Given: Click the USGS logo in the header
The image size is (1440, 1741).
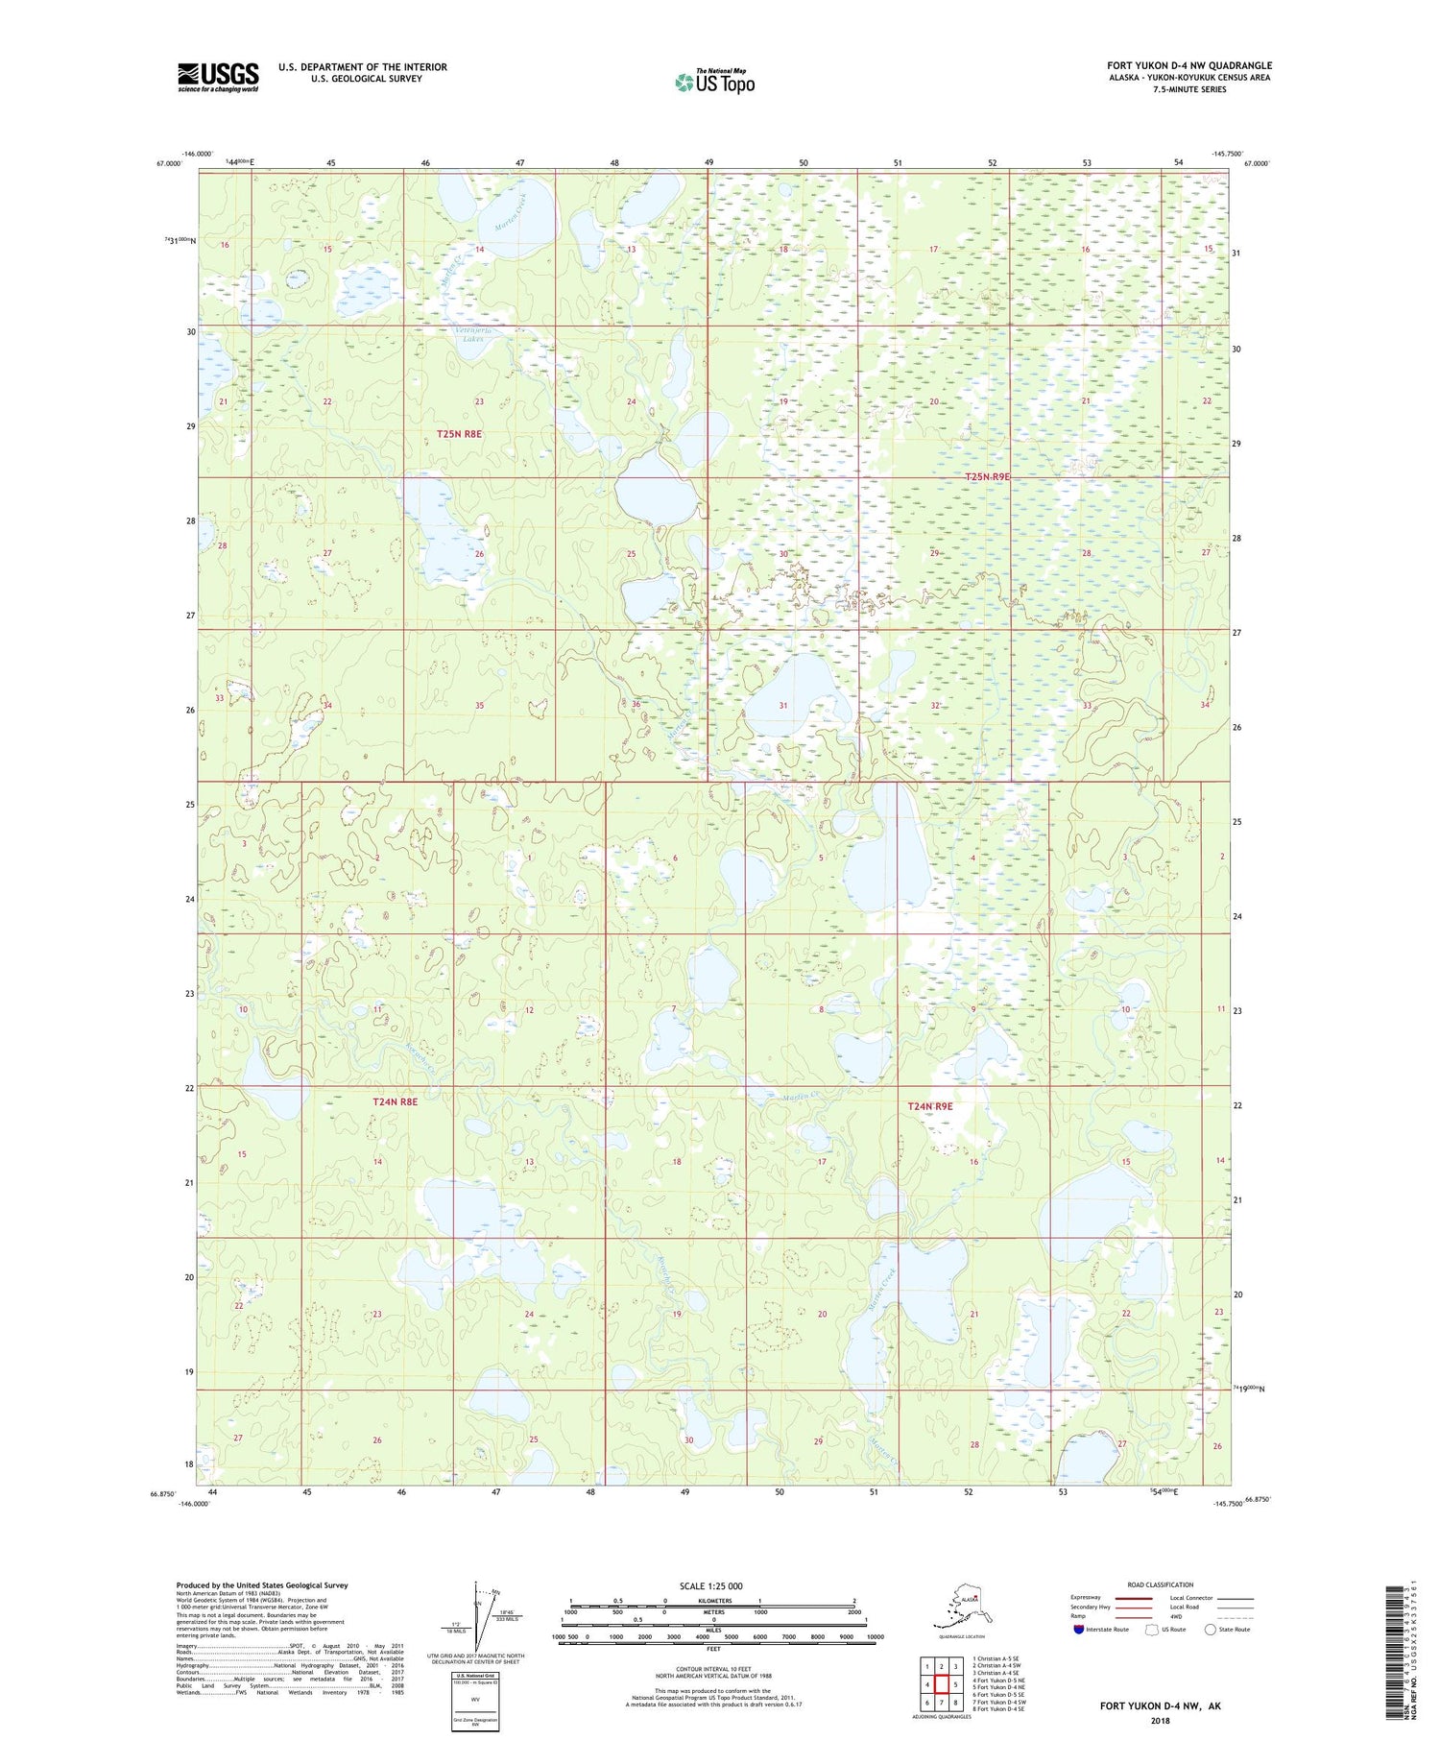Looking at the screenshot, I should pyautogui.click(x=218, y=77).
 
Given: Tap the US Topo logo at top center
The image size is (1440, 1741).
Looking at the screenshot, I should pyautogui.click(x=714, y=82).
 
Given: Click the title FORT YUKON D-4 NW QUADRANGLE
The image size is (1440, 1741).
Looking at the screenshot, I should pyautogui.click(x=1188, y=65).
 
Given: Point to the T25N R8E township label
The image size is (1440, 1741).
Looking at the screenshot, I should pyautogui.click(x=459, y=434).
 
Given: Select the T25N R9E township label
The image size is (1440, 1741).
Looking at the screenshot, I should pyautogui.click(x=987, y=476).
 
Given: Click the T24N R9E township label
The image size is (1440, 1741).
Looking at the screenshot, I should pyautogui.click(x=930, y=1106).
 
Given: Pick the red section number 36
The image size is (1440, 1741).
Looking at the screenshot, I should pyautogui.click(x=636, y=705).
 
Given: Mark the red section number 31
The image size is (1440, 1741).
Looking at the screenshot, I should pyautogui.click(x=783, y=705).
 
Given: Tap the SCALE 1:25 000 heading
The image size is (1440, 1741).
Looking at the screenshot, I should pyautogui.click(x=710, y=1585).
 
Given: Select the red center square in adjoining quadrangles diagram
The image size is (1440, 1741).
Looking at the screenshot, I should pyautogui.click(x=942, y=1683).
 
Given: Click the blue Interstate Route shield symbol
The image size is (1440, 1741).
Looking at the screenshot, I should pyautogui.click(x=1079, y=1630).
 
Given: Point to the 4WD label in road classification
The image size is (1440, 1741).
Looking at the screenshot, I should pyautogui.click(x=1182, y=1616).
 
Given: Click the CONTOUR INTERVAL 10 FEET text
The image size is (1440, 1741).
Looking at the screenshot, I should pyautogui.click(x=713, y=1670).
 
